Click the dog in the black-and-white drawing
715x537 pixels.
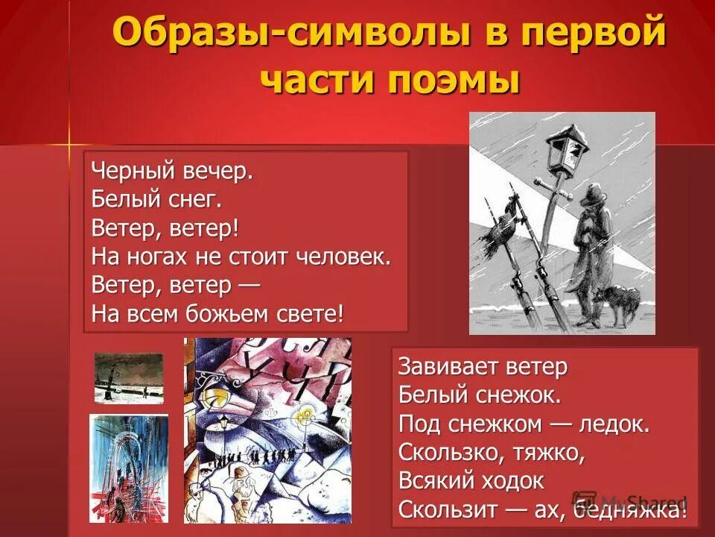click(617, 302)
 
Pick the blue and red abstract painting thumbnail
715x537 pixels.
click(129, 468)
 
